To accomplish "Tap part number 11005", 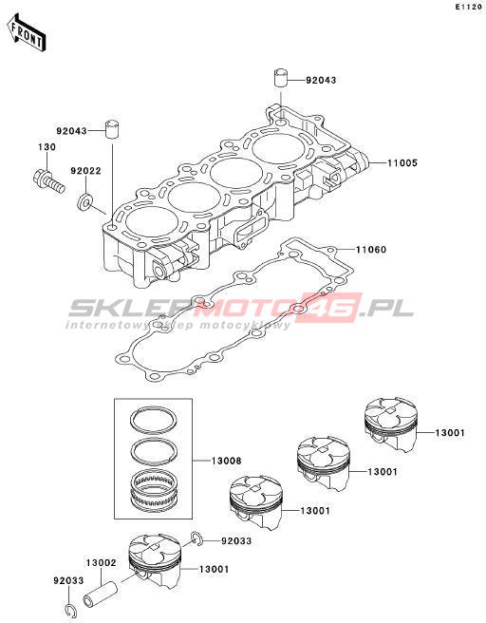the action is point(402,163).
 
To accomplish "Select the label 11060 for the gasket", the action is point(371,250).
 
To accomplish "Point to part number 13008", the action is point(226,461).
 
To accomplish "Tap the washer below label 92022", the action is point(84,202).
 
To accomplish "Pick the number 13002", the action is point(102,563).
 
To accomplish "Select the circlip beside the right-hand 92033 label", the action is point(196,538).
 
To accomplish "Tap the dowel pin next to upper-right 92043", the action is point(281,78).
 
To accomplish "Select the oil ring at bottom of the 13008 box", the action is point(153,490).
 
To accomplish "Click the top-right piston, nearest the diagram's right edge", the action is point(391,425).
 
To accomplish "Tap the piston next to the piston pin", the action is point(156,561).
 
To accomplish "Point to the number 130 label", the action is point(47,147).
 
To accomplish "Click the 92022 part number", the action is point(85,171).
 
